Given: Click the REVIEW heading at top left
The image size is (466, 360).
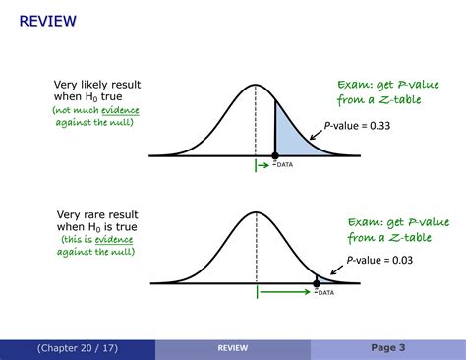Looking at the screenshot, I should (x=47, y=20).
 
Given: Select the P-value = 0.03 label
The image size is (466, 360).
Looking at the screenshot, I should (x=379, y=261).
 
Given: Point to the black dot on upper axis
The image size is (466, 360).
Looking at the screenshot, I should (x=274, y=155).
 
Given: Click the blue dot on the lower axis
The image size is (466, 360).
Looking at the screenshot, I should (x=317, y=283).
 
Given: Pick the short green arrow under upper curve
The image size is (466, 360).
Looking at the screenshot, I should (x=264, y=164).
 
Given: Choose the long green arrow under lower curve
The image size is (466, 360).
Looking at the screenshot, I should (x=285, y=293).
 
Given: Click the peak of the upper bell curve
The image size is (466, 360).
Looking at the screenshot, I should (x=256, y=86).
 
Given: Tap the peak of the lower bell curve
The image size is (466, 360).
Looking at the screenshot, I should (x=256, y=212).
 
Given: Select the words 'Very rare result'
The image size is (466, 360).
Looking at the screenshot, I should (x=96, y=213).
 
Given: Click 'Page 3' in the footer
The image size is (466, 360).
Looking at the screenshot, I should (x=387, y=347).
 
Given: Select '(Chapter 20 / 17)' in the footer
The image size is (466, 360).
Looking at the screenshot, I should (x=78, y=347).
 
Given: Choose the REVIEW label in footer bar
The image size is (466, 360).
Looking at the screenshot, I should (x=233, y=347).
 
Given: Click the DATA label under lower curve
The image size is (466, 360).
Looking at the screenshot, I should (x=324, y=293).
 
